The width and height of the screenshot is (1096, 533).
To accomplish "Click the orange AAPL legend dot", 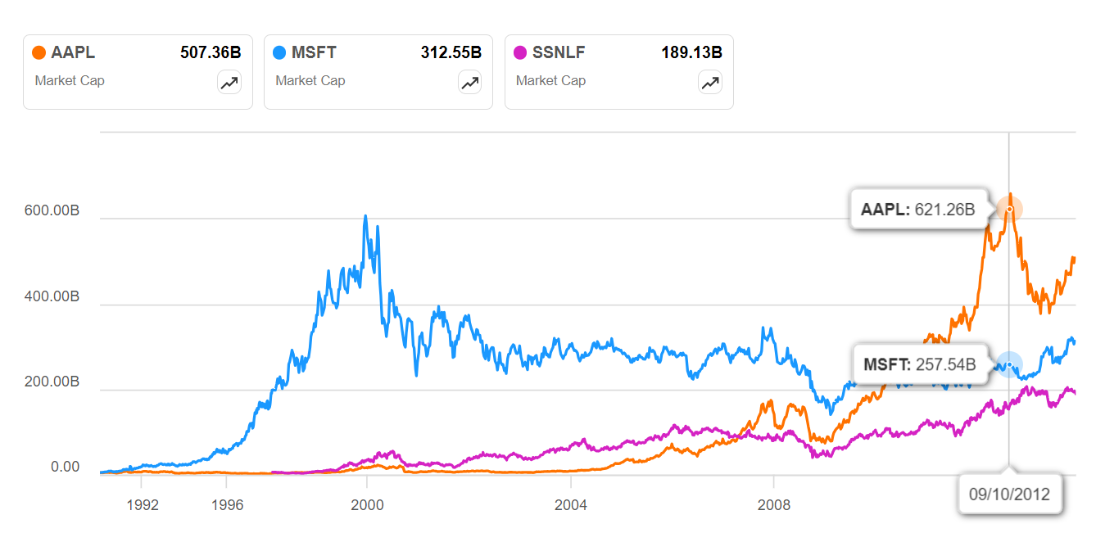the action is (38, 52).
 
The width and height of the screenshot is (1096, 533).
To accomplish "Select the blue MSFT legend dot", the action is (279, 52).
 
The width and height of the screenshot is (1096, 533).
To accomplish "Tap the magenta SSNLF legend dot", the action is (520, 52).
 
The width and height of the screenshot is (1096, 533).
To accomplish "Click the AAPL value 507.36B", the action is (211, 52).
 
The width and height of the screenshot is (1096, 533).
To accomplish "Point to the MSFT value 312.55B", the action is (451, 52).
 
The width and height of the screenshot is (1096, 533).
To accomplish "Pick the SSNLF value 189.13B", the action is (692, 52).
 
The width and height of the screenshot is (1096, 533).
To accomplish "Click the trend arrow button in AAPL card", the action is (229, 82).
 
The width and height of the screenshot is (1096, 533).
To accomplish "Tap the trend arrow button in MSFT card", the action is (469, 82).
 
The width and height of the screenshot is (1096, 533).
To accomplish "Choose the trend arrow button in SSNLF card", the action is (710, 82).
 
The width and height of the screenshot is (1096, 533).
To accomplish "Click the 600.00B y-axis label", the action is (52, 210).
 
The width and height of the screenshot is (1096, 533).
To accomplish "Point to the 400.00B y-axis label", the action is (52, 296).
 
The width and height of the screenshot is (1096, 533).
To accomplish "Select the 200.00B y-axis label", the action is (52, 382).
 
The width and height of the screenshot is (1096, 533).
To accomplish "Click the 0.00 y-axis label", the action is (65, 467).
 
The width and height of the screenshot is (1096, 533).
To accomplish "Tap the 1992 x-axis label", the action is (143, 504).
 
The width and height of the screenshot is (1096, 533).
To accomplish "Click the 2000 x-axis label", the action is (367, 504).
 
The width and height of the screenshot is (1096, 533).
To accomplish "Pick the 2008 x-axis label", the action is (774, 504).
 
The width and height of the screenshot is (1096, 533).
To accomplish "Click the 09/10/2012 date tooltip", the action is (1009, 494).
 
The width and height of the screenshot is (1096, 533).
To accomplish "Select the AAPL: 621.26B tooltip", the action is (918, 210).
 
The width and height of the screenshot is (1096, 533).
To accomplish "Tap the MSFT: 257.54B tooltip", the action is (920, 364).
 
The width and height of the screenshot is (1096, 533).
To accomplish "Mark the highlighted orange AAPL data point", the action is (1009, 210).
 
